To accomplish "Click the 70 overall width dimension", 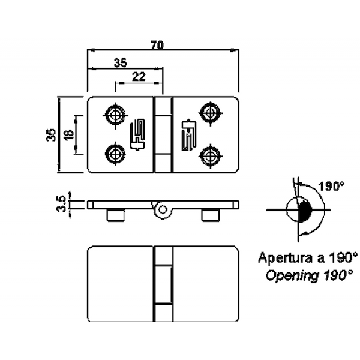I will [158, 45].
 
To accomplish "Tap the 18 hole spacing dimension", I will [68, 134].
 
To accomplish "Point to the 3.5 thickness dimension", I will [61, 204].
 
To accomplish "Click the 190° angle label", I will [332, 187].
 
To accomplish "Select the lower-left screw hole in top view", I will [114, 154].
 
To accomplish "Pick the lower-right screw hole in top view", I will [209, 156].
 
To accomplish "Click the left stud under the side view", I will [116, 215].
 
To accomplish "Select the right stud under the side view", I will [210, 215].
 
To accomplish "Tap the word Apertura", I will [286, 259].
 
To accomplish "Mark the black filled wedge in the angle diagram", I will [304, 212].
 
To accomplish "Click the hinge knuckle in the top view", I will [163, 135].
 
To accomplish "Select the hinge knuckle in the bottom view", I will [163, 284].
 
